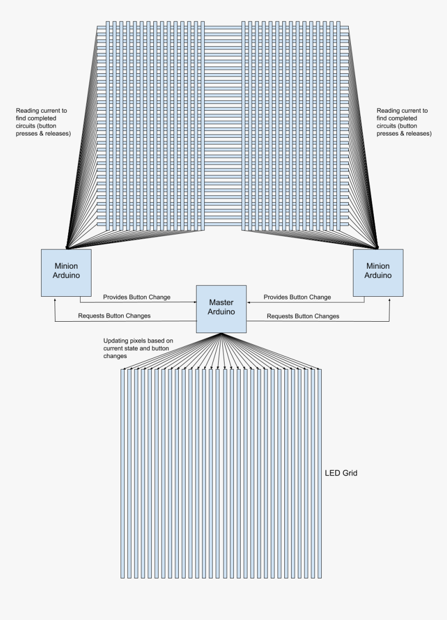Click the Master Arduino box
tap(221, 309)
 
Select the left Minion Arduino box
tap(66, 273)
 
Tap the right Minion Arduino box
tap(378, 273)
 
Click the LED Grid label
tap(341, 473)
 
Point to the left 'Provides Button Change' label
tap(137, 297)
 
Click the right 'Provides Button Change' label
tap(297, 297)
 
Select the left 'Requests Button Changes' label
tap(114, 316)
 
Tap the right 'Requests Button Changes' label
tap(303, 316)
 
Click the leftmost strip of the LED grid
tap(123, 473)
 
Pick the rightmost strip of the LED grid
tap(320, 473)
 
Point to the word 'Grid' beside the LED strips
tap(349, 473)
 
